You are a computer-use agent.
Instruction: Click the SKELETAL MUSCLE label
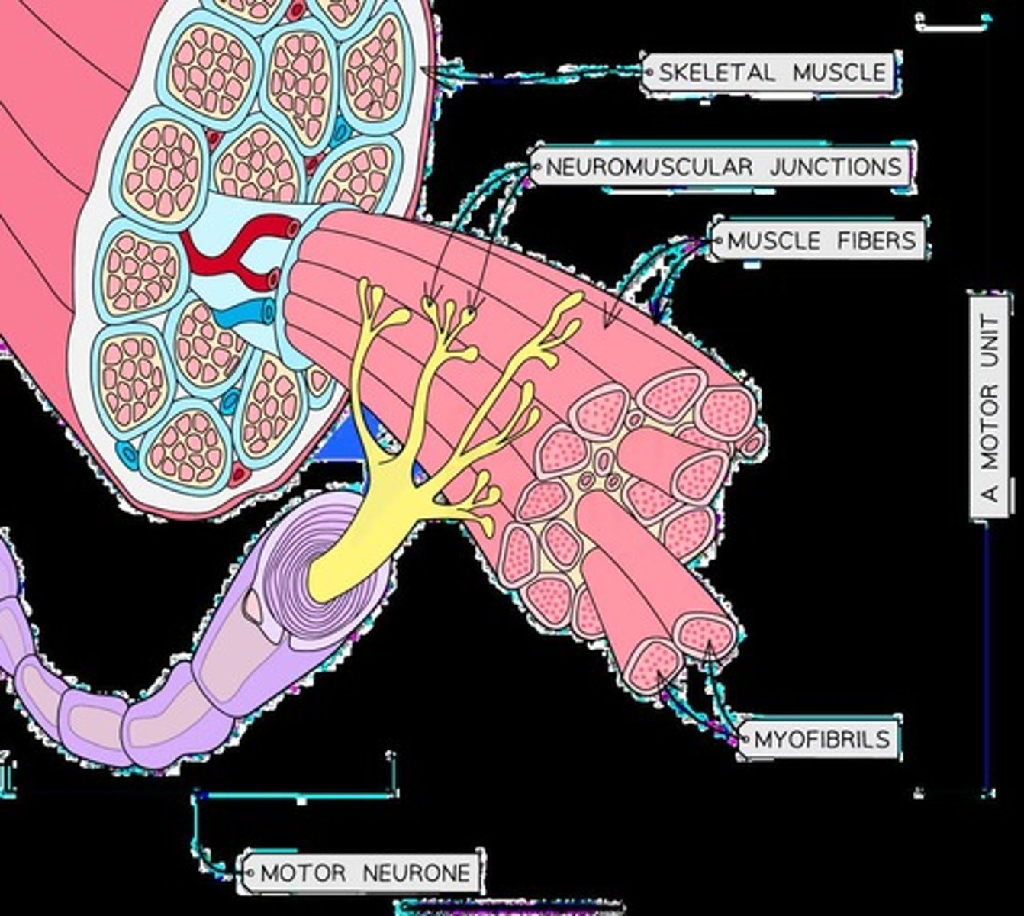pos(771,73)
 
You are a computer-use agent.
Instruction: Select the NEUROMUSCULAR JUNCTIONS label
pos(723,166)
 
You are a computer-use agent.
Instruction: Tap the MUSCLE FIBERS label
pos(820,240)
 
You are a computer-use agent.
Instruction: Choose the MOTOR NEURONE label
pos(365,872)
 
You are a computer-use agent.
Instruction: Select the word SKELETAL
pos(716,73)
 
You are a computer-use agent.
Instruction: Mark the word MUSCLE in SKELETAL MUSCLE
pos(839,73)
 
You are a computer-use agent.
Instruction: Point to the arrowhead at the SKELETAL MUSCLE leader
pos(423,70)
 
